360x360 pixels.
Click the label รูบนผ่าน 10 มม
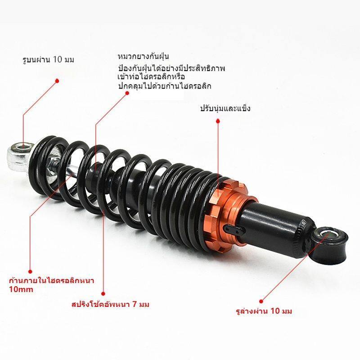pyautogui.click(x=49, y=60)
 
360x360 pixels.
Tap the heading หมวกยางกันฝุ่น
pyautogui.click(x=143, y=56)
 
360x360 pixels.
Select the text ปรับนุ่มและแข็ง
pyautogui.click(x=225, y=108)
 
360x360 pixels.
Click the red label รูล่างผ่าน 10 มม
pyautogui.click(x=264, y=311)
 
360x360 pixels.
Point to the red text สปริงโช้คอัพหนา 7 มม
pyautogui.click(x=110, y=305)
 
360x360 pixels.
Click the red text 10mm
pyautogui.click(x=21, y=289)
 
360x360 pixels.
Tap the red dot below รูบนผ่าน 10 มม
pyautogui.click(x=57, y=81)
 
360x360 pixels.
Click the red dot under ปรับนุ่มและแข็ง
pyautogui.click(x=218, y=121)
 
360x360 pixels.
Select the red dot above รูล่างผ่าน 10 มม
pyautogui.click(x=261, y=301)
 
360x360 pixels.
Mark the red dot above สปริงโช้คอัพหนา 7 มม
pyautogui.click(x=103, y=294)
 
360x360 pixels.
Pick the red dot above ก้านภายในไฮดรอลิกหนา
pyautogui.click(x=30, y=272)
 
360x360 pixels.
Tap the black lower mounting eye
pyautogui.click(x=329, y=244)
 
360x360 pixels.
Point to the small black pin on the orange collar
pyautogui.click(x=234, y=229)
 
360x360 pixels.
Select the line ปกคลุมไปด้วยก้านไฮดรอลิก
pyautogui.click(x=165, y=86)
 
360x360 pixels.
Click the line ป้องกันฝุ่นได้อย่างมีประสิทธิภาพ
pyautogui.click(x=171, y=68)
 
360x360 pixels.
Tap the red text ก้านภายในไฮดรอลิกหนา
pyautogui.click(x=52, y=280)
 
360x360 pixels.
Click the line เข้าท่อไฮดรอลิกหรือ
pyautogui.click(x=151, y=76)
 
